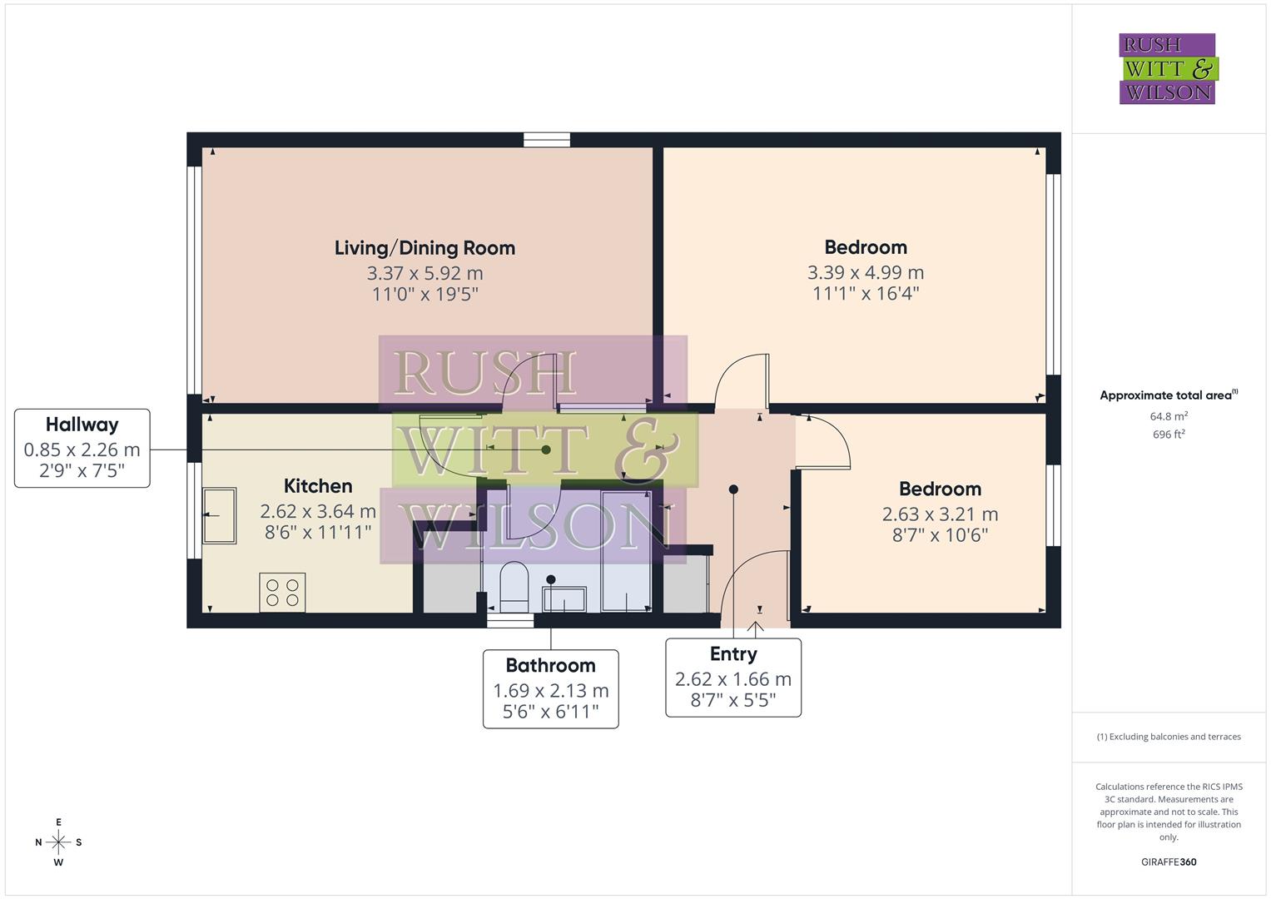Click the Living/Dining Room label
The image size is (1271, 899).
pos(424,248)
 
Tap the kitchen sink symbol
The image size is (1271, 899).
pos(219,515)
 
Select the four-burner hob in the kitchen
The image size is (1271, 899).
pos(282,592)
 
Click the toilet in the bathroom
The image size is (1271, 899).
pos(514,586)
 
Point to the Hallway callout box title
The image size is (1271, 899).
pos(82,425)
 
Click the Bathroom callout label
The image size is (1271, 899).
pos(550,665)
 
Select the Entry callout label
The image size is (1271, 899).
pos(732,654)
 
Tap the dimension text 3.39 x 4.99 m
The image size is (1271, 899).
pos(866,272)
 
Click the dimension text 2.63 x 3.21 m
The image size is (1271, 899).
pos(940,514)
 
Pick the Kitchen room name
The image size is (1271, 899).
pos(318,486)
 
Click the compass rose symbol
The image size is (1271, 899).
pos(58,842)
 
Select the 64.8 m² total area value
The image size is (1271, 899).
pos(1169,416)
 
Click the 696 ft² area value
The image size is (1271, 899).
pos(1169,435)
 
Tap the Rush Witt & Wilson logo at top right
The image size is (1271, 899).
pos(1167,69)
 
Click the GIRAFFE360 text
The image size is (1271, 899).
pos(1169,862)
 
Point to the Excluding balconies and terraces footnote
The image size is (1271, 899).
pos(1169,737)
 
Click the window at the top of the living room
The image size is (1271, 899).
pos(547,140)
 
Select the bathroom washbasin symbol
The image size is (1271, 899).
pos(564,599)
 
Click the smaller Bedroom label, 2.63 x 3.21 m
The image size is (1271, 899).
pos(940,489)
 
